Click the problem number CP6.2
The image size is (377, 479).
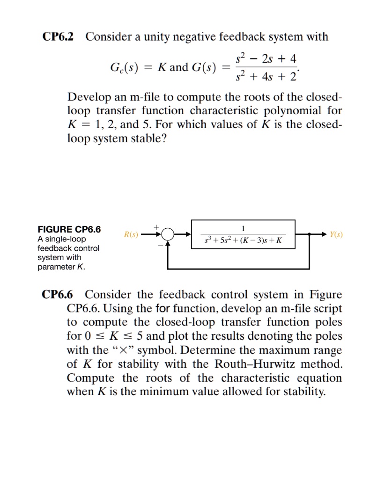(x=58, y=36)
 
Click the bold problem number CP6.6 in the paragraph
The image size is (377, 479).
(x=58, y=295)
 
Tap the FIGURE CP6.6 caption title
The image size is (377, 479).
(x=69, y=230)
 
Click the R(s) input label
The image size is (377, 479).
(x=131, y=234)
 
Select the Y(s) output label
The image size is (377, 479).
(x=336, y=234)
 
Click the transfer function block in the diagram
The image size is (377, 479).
(x=243, y=234)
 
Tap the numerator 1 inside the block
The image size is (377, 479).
(x=243, y=228)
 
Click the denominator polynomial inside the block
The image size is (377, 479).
(x=243, y=240)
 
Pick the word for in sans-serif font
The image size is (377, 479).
(x=162, y=309)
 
